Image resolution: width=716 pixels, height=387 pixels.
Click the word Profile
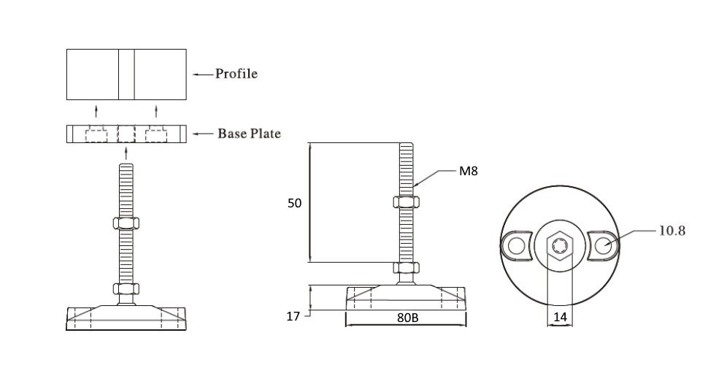(236, 74)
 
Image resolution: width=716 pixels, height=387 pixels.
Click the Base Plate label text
(249, 134)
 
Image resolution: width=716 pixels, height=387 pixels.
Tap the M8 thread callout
(468, 171)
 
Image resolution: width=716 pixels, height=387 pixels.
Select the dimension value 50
(295, 203)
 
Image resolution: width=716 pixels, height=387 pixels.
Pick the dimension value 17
(293, 316)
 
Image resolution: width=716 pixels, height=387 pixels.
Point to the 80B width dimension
(407, 318)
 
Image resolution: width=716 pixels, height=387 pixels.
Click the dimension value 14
(560, 317)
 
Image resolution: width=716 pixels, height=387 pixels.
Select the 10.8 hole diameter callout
(671, 231)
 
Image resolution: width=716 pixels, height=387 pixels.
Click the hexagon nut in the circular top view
(560, 245)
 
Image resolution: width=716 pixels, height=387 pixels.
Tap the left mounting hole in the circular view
(517, 246)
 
